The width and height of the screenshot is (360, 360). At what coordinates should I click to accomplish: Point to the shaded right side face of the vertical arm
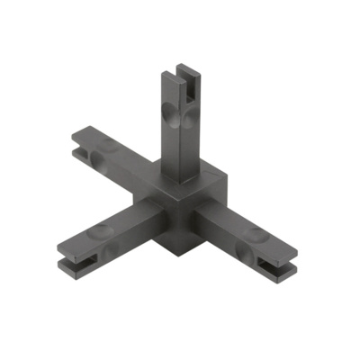(x=195, y=126)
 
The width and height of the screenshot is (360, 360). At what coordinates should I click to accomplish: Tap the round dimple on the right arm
(x=253, y=237)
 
